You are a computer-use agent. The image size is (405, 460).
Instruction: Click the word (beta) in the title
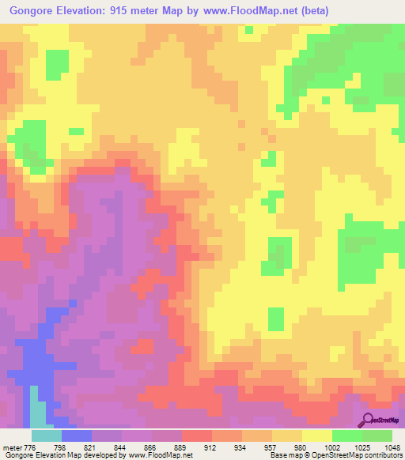click(x=311, y=11)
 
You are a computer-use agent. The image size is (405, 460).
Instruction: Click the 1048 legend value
click(x=392, y=447)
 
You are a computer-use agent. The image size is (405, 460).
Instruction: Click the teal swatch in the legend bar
click(x=47, y=435)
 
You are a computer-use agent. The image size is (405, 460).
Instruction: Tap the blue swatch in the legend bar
click(x=77, y=435)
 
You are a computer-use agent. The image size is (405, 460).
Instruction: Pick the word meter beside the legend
click(x=13, y=447)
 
